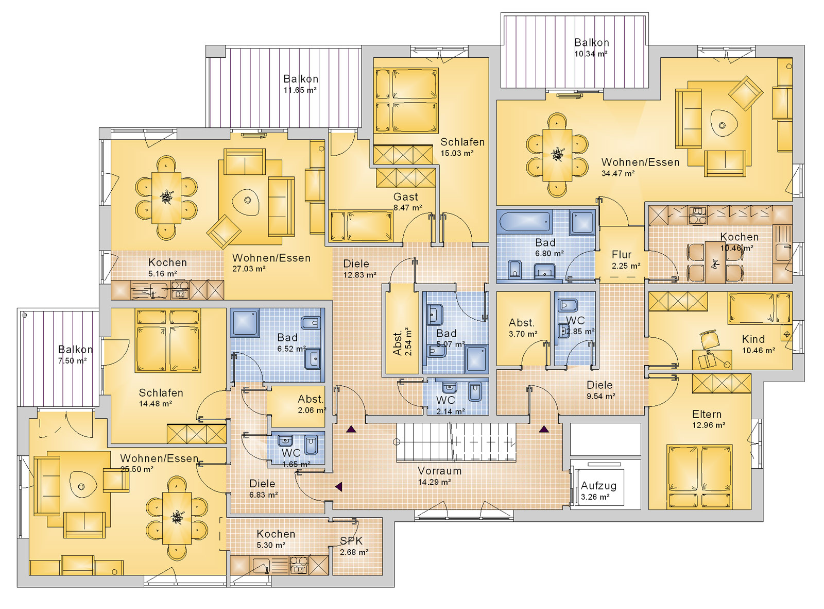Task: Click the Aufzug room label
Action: point(598,485)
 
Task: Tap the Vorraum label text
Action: point(439,471)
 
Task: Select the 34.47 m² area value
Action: point(617,173)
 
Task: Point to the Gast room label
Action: point(406,197)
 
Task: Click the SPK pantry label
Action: point(351,540)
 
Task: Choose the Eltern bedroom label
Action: point(707,414)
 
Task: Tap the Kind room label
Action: point(753,339)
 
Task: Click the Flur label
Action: point(622,254)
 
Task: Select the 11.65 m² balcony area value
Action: point(300,90)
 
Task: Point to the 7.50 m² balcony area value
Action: point(72,360)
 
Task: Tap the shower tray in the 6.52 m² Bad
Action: point(245,322)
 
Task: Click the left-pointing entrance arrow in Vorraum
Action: point(338,487)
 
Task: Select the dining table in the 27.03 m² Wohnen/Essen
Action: point(166,197)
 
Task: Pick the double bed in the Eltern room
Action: point(700,476)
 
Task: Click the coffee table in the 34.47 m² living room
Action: point(722,125)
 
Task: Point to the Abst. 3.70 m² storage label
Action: point(522,328)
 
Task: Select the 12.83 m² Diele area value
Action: point(359,274)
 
